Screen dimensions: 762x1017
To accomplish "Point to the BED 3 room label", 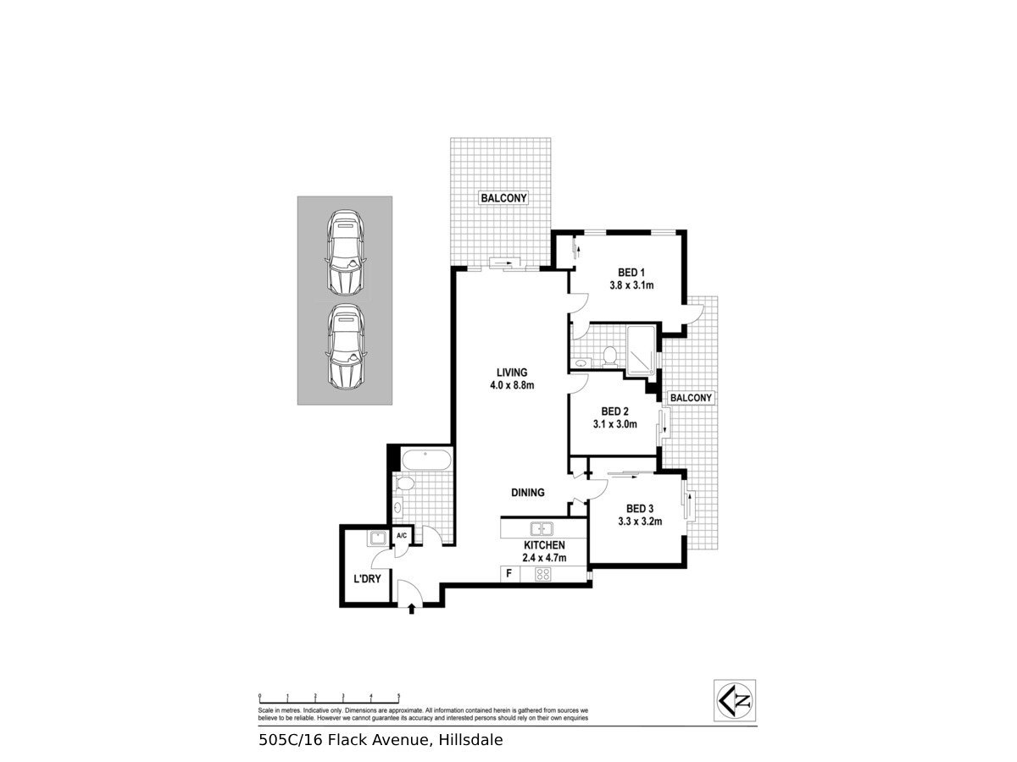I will [x=640, y=508].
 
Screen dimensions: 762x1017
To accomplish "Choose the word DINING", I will [x=527, y=493].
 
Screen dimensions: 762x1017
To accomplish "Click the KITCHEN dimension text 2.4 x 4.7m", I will [x=543, y=559].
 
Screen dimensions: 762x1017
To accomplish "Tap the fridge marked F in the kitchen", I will [x=508, y=574].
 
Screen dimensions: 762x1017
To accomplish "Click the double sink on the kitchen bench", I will [x=542, y=529].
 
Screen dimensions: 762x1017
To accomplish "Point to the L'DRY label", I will [x=365, y=581].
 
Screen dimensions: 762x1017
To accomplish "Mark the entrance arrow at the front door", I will [x=413, y=607].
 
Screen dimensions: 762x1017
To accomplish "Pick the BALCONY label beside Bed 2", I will [x=691, y=397].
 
